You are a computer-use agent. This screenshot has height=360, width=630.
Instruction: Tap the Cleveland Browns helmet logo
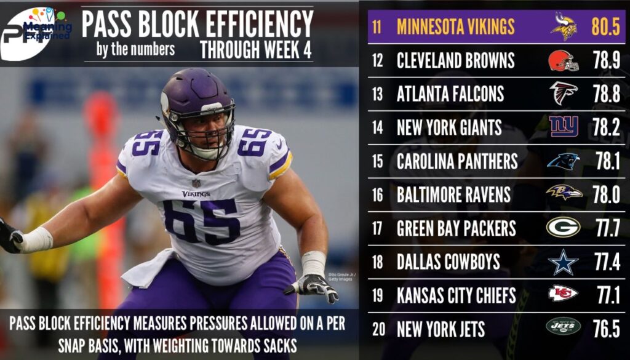pos(564,60)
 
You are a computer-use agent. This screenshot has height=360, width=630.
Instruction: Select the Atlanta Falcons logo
pos(564,94)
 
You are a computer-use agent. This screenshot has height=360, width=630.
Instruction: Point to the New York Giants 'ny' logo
pos(564,127)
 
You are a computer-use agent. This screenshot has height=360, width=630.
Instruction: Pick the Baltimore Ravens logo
pos(564,194)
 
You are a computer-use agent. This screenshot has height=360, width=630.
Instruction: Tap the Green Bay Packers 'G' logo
pos(564,228)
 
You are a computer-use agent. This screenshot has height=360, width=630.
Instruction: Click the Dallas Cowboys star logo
pos(564,262)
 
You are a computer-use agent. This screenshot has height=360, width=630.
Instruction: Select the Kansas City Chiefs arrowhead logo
pos(564,295)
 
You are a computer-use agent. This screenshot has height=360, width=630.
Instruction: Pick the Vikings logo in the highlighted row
pos(564,27)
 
